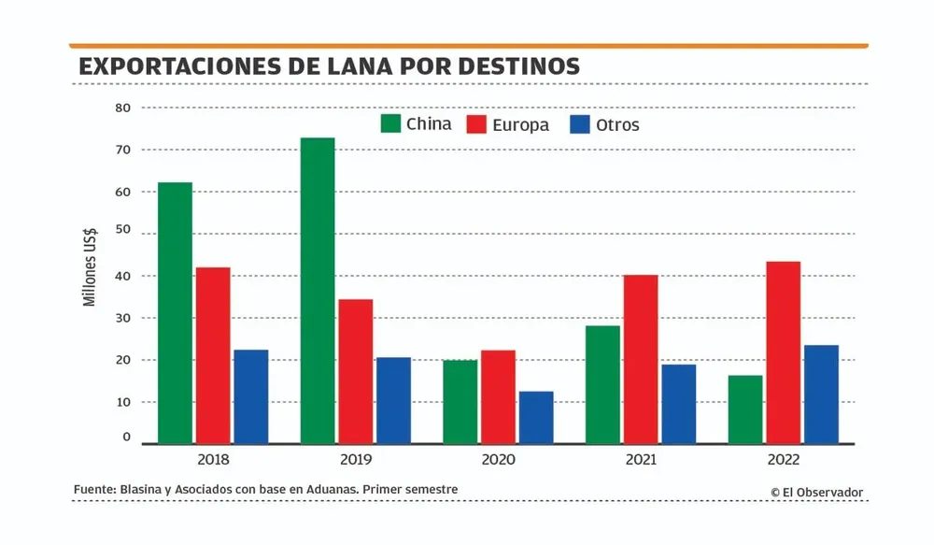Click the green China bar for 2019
(x=318, y=290)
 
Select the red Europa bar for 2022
(x=783, y=351)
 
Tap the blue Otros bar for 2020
(x=536, y=417)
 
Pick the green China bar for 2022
(x=745, y=409)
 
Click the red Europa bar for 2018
(x=213, y=355)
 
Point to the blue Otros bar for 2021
(x=679, y=403)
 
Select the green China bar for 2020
(x=460, y=401)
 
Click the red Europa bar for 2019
(x=356, y=371)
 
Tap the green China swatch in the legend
(x=390, y=124)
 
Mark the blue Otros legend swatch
(x=580, y=124)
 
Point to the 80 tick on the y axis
(x=123, y=108)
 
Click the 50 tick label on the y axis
(x=123, y=234)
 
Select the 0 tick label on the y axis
(x=127, y=437)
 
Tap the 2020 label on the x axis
(x=498, y=460)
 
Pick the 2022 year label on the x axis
(x=783, y=460)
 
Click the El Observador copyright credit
(x=817, y=492)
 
